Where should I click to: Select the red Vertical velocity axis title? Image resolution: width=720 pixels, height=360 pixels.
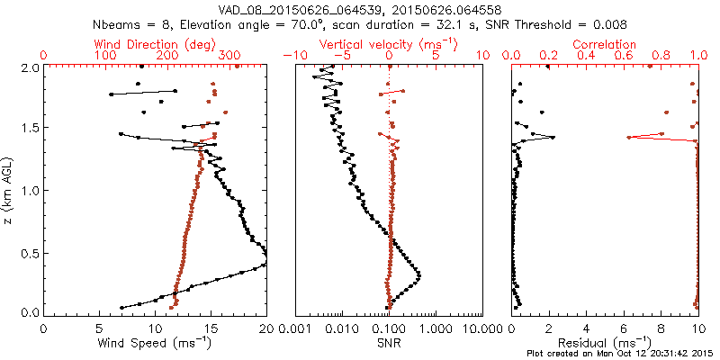[389, 44]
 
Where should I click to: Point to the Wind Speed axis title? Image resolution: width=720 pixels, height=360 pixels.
[155, 342]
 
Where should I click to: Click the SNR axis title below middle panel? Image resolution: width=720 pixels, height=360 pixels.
[389, 342]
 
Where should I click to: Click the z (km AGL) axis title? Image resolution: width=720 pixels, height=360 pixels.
[8, 190]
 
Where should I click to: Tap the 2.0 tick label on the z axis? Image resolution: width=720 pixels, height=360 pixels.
[30, 67]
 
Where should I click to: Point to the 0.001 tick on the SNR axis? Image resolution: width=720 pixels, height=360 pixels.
[295, 328]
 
